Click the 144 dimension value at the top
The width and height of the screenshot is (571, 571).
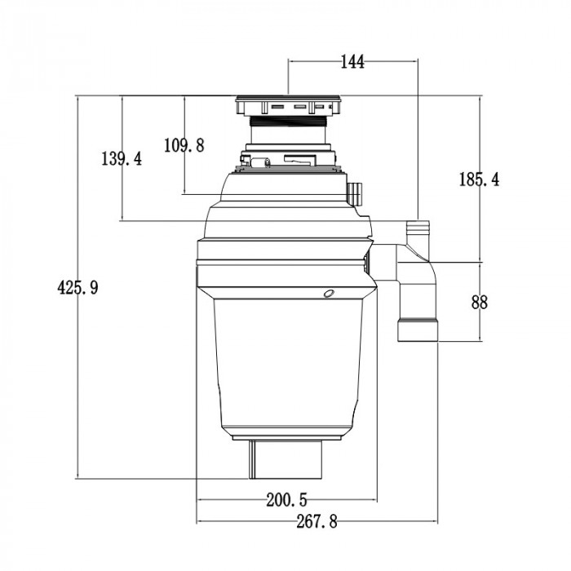point(352,62)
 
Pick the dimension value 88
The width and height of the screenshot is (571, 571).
point(480,302)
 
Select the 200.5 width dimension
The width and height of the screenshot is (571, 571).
point(285,499)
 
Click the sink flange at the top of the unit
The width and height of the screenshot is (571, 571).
point(289,106)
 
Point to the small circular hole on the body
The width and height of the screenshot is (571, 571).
point(328,292)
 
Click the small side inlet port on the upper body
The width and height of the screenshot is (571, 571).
point(355,193)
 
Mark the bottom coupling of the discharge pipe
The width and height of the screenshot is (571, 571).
point(417,331)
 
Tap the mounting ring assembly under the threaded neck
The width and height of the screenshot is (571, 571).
point(289,159)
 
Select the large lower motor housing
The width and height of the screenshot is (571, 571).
point(289,367)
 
